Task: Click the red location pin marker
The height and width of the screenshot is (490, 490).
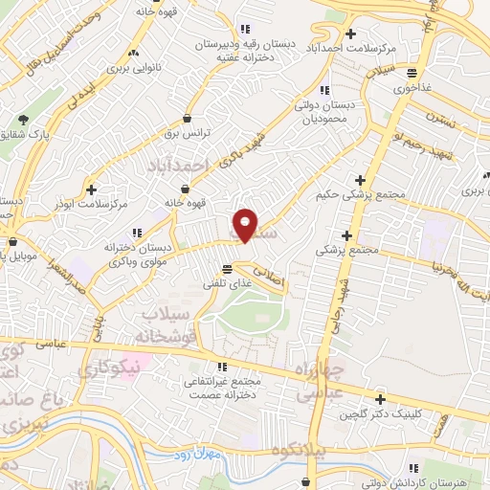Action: point(246,225)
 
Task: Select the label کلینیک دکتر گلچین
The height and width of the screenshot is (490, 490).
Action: point(380,417)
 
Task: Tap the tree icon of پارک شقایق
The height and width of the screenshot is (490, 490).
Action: point(22,121)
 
